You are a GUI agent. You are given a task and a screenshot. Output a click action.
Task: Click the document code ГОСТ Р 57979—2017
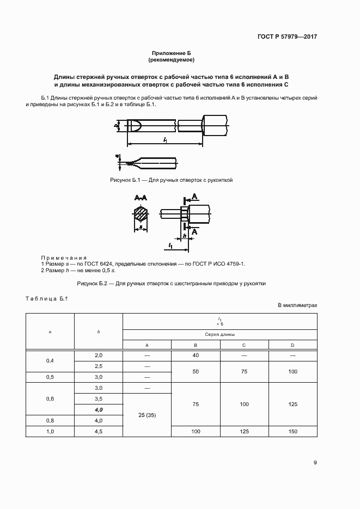[286, 37]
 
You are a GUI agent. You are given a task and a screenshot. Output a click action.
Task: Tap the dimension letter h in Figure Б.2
[185, 236]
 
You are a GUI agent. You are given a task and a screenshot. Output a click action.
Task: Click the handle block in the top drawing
[215, 126]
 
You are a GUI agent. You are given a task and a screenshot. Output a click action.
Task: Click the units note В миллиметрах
[297, 306]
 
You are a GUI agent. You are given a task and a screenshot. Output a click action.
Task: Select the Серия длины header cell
[219, 335]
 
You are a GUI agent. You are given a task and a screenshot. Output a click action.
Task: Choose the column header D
[292, 345]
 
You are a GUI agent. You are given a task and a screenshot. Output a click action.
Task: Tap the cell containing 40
[195, 355]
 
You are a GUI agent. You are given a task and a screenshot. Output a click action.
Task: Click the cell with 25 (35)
[147, 415]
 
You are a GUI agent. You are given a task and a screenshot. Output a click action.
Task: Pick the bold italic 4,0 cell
[99, 409]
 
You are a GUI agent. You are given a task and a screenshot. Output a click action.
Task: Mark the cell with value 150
[292, 431]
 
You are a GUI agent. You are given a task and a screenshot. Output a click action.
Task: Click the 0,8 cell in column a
[50, 420]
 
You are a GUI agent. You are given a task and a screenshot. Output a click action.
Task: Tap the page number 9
[315, 463]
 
